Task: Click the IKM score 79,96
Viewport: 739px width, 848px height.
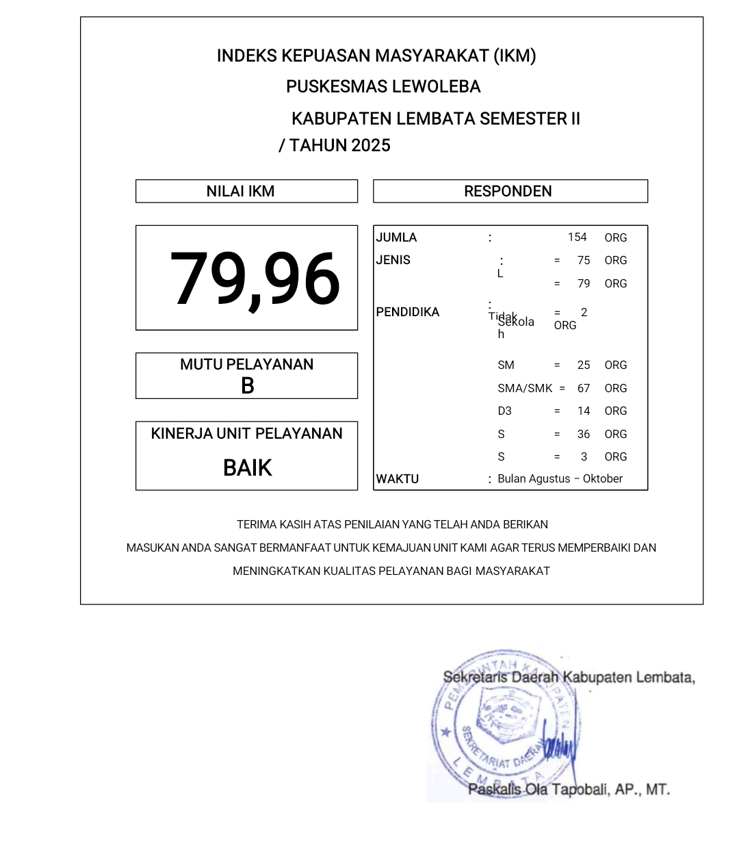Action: (255, 279)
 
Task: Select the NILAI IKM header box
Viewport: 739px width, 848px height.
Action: (246, 192)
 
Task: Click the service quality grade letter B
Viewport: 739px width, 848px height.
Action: (247, 386)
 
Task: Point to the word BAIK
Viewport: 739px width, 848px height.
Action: (247, 468)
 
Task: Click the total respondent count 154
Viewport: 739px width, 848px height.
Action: (577, 237)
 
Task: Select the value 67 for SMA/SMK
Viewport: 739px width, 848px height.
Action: (584, 388)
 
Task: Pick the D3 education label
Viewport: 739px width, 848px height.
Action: (504, 411)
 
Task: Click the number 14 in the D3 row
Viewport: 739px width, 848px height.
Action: (584, 411)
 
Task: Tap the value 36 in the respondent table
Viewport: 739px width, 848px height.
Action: (584, 434)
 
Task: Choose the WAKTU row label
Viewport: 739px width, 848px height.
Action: (398, 479)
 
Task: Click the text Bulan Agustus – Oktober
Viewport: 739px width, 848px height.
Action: (560, 479)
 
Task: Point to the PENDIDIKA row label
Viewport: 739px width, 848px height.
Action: (408, 312)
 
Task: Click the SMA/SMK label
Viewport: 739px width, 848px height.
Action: (525, 388)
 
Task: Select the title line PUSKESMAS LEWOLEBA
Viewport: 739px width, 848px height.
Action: (383, 87)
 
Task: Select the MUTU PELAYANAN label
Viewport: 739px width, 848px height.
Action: (246, 365)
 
